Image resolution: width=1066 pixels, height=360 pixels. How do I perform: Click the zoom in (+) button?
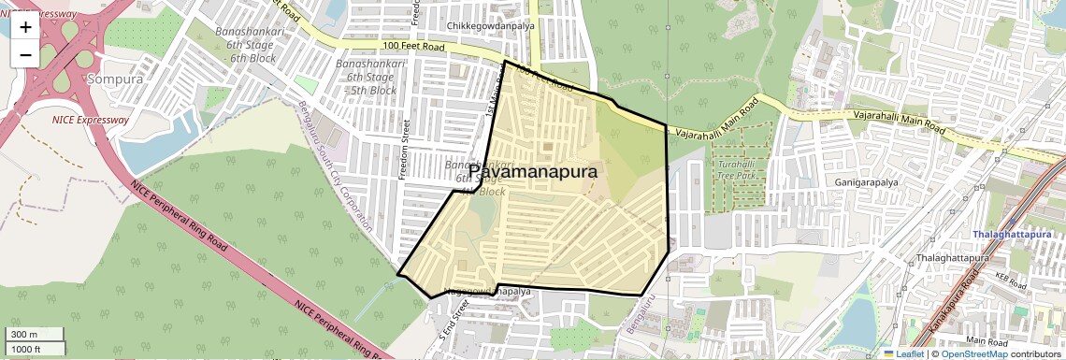point(25,26)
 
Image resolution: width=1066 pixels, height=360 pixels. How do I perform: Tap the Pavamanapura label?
point(532,172)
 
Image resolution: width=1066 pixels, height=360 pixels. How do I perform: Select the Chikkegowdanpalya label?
point(487,25)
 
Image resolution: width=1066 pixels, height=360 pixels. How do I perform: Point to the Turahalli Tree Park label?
point(736,169)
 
